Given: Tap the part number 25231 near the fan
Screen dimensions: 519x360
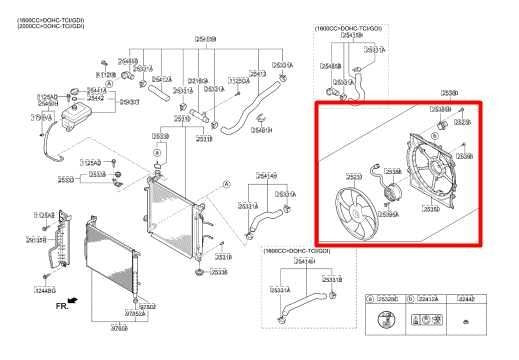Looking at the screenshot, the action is click(353, 176).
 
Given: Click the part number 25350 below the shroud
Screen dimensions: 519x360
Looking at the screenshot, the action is click(432, 209).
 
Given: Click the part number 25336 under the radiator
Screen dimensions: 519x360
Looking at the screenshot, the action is click(221, 272).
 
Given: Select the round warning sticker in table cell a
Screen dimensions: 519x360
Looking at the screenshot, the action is click(384, 323).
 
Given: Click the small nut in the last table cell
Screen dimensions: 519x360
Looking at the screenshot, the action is click(465, 324).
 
